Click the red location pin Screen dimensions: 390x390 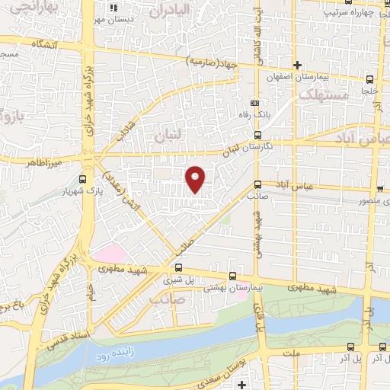[197, 178]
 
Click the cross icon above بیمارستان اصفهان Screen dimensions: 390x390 [298, 66]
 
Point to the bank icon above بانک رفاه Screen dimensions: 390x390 [254, 103]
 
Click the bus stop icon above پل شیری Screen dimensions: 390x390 [178, 267]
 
